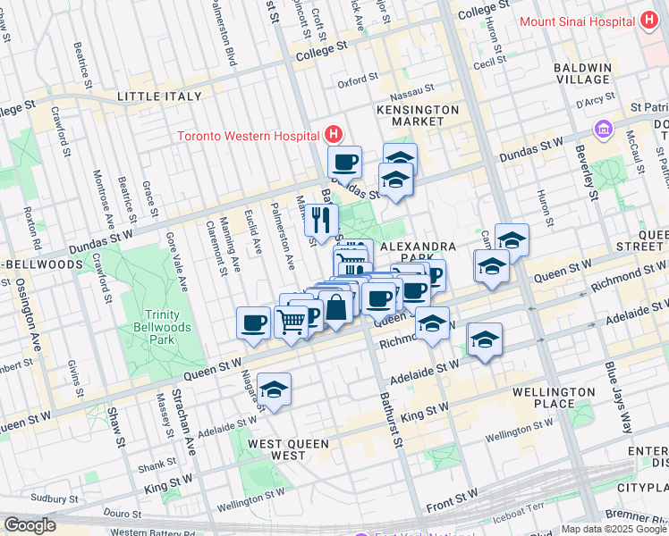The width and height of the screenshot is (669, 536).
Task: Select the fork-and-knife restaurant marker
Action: click(x=321, y=220)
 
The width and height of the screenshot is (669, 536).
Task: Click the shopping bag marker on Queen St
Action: click(x=337, y=308)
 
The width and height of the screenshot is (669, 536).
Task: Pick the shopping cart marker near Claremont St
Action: click(x=291, y=321)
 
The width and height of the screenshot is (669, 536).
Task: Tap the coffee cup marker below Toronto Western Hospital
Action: click(x=343, y=163)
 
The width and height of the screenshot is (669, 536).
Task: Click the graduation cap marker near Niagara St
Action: click(x=274, y=389)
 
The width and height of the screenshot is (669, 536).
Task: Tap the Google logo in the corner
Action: click(x=30, y=525)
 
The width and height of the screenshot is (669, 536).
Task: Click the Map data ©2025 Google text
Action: click(x=614, y=529)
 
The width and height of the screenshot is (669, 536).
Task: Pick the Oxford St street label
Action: click(x=358, y=82)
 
